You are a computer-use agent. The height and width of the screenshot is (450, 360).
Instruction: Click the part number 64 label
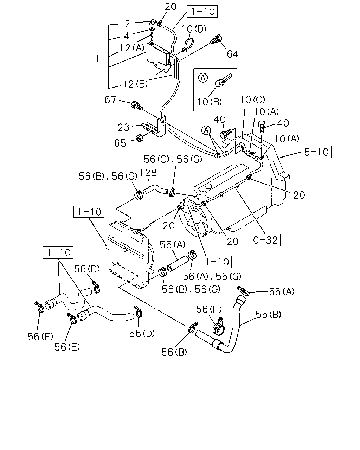tap(232, 54)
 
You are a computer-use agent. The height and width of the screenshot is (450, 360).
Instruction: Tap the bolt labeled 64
tap(216, 40)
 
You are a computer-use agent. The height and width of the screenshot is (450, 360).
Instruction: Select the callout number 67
tap(110, 100)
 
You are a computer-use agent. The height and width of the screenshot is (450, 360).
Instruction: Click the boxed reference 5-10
tap(316, 152)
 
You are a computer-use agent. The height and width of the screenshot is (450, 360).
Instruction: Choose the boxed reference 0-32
tap(265, 240)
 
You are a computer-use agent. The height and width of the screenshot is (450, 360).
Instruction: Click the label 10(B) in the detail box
tap(210, 102)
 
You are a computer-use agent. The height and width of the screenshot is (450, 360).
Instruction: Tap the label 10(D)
tap(194, 29)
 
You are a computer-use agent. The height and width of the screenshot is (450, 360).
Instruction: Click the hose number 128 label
tap(148, 173)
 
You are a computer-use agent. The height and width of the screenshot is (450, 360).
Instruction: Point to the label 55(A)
tap(173, 244)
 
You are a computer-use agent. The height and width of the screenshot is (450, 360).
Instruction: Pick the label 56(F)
tap(209, 309)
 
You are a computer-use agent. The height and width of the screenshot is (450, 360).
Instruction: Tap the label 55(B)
tap(268, 315)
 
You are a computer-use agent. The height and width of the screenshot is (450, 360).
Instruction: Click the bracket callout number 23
tap(123, 127)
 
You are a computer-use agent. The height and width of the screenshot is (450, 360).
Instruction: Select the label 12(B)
tap(135, 84)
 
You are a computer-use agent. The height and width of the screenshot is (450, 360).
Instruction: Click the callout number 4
tap(127, 36)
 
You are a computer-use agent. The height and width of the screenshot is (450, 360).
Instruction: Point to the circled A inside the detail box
tap(203, 78)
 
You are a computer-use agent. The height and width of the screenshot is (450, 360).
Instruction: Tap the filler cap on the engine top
tap(208, 186)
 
